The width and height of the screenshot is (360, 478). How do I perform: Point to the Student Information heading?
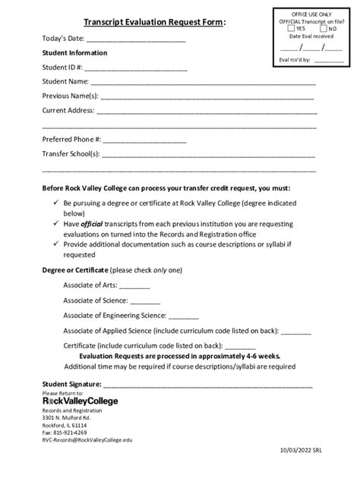click(x=74, y=53)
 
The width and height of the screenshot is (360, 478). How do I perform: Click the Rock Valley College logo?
click(x=80, y=401)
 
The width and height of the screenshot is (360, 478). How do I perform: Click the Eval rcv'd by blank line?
click(x=328, y=59)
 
